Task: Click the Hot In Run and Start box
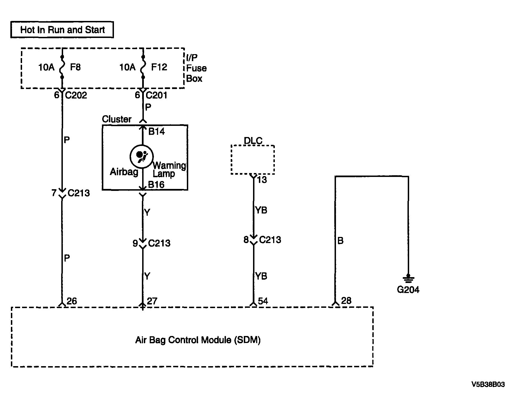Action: click(x=62, y=30)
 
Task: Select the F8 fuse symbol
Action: click(x=62, y=67)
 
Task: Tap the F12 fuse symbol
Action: click(x=143, y=67)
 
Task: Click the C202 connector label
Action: click(x=76, y=95)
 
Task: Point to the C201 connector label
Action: click(x=157, y=95)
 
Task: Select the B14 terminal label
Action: click(x=156, y=131)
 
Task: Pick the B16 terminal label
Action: click(x=156, y=184)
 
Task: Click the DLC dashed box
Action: click(x=253, y=160)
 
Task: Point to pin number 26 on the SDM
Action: click(x=72, y=301)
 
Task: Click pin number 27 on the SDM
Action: click(x=152, y=301)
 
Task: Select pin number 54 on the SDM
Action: click(x=263, y=301)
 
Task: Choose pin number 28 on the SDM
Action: click(x=346, y=301)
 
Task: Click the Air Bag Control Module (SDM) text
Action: click(x=198, y=340)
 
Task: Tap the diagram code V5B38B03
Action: click(x=488, y=385)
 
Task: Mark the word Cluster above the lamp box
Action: click(x=117, y=119)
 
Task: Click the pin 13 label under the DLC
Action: click(x=262, y=180)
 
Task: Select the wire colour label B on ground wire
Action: click(x=340, y=241)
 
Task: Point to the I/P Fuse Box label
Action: click(x=196, y=68)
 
